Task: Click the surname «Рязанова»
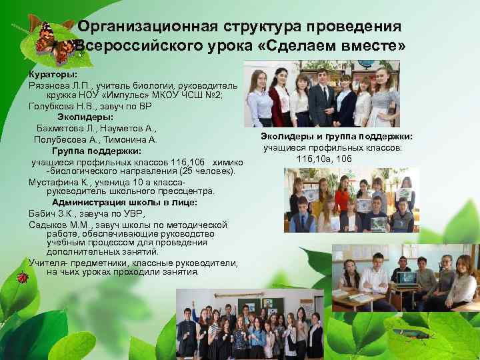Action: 51,85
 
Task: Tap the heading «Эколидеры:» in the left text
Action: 83,116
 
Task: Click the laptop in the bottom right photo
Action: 406,278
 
